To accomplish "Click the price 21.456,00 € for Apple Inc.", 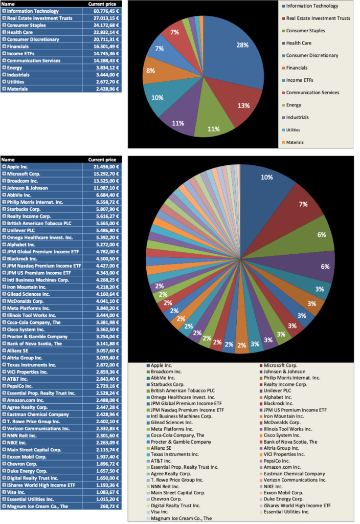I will [x=104, y=167].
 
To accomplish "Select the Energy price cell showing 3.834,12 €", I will [x=104, y=68].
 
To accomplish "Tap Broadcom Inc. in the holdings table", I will [x=24, y=181].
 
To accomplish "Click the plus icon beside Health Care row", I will [x=4, y=32].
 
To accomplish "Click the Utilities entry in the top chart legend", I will [x=297, y=130].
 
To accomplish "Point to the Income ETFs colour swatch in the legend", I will [x=283, y=80].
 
